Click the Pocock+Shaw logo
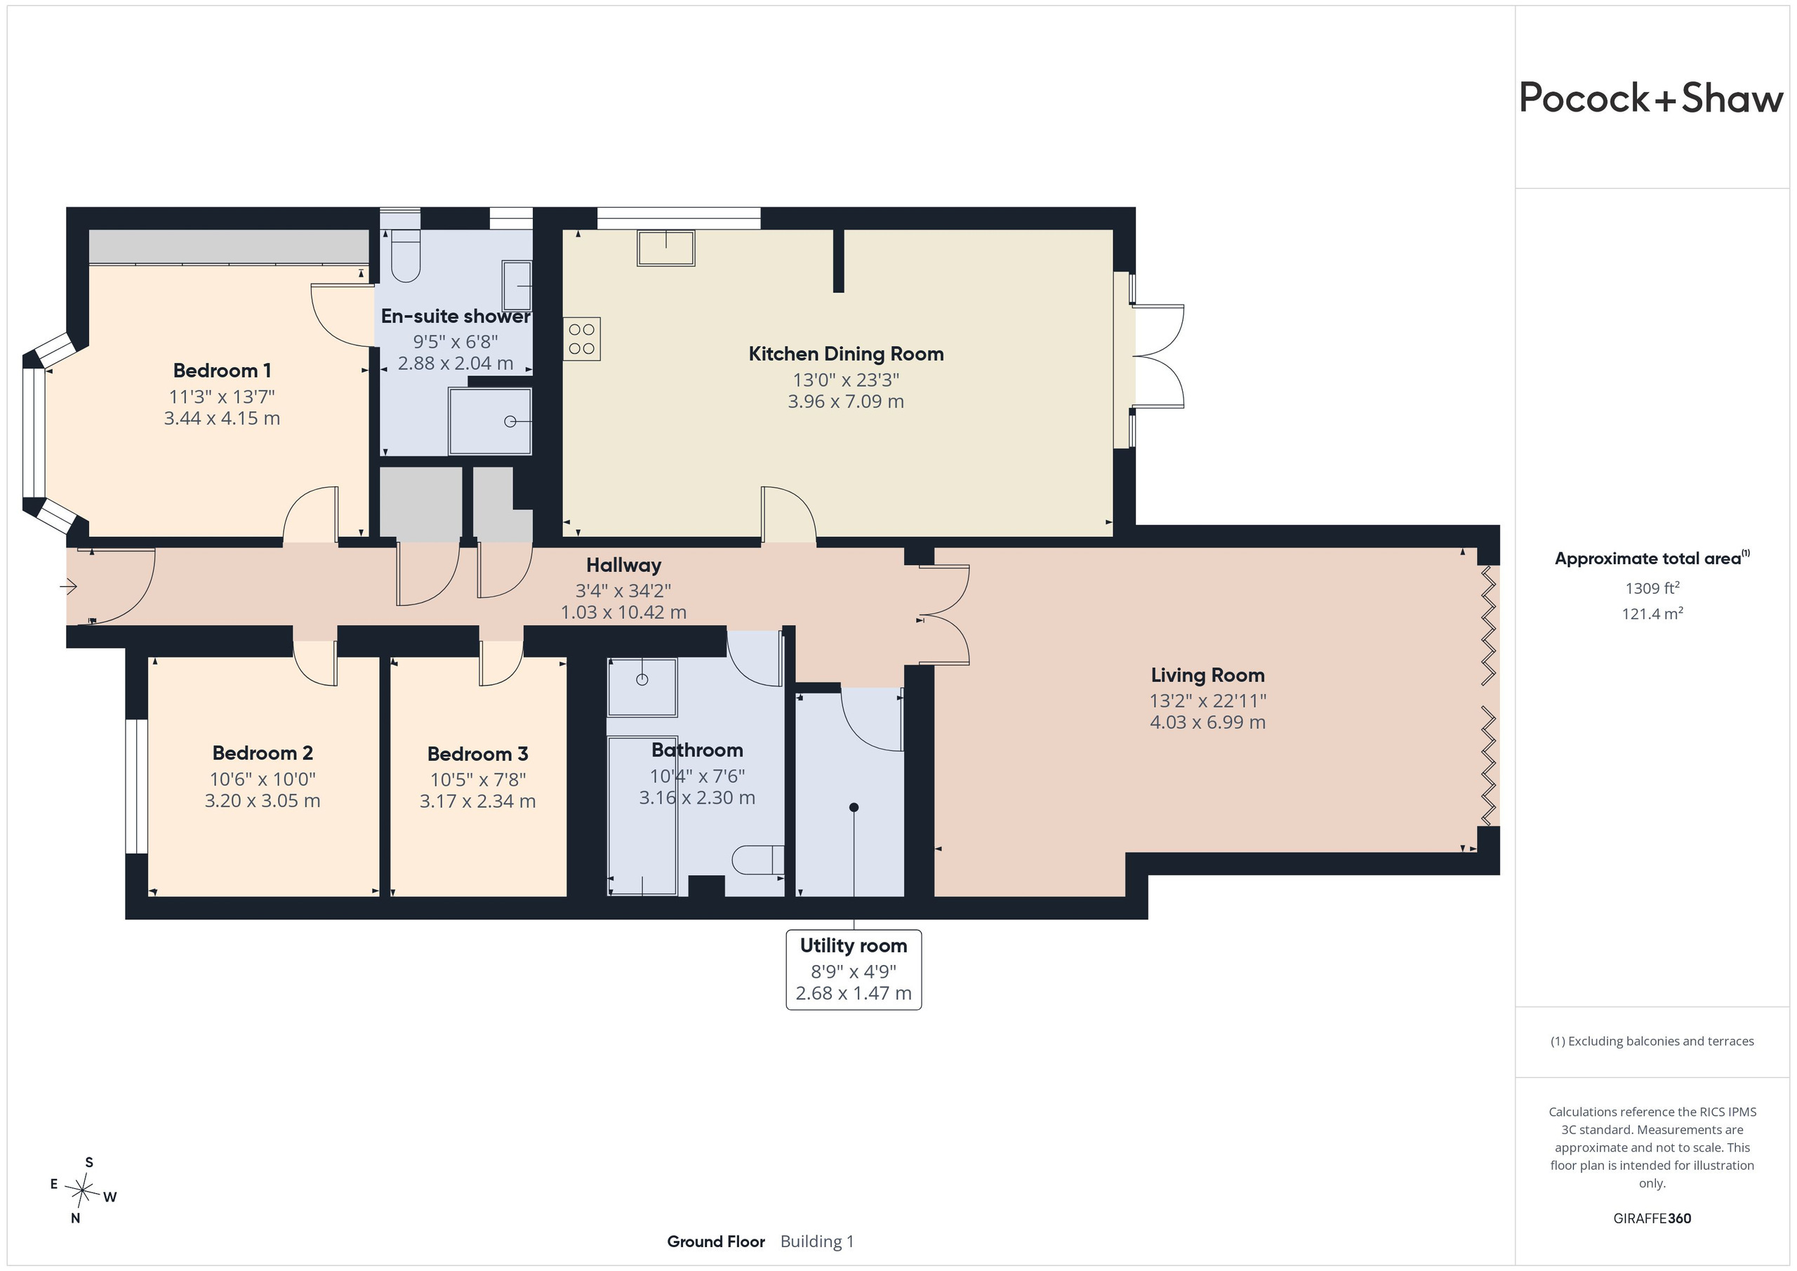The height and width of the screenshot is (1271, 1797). coord(1652,99)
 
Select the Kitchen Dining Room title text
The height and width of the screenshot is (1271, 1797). coord(846,354)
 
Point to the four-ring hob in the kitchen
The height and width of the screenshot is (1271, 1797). coord(581,339)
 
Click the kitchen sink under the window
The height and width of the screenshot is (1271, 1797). coord(666,248)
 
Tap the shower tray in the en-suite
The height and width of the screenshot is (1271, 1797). coord(490,421)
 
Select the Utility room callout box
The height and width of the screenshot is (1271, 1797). coord(854,970)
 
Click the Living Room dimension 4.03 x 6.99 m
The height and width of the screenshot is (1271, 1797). coord(1207,722)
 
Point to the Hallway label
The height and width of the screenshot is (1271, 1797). coord(624,565)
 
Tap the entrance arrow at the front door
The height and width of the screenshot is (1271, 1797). coord(69,585)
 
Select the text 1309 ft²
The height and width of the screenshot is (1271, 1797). coord(1652,587)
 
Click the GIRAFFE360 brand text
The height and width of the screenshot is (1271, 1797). coord(1652,1218)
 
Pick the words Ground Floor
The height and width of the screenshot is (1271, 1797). coord(716,1242)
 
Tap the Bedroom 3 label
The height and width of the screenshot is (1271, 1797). coord(477,754)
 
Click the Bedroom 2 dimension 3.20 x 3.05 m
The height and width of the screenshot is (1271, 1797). coord(263,801)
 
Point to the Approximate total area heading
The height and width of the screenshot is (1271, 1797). coord(1652,558)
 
